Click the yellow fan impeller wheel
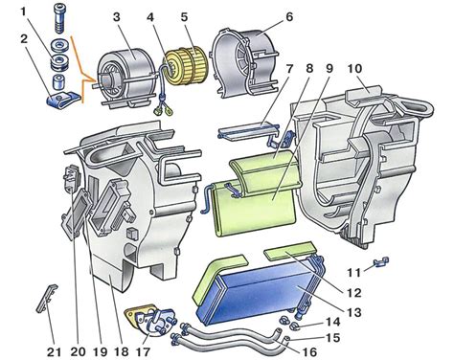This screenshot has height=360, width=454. tap(185, 65)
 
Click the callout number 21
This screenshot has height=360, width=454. tap(54, 352)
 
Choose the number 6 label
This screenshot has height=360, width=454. tap(289, 16)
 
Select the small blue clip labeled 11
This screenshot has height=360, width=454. tap(381, 261)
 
